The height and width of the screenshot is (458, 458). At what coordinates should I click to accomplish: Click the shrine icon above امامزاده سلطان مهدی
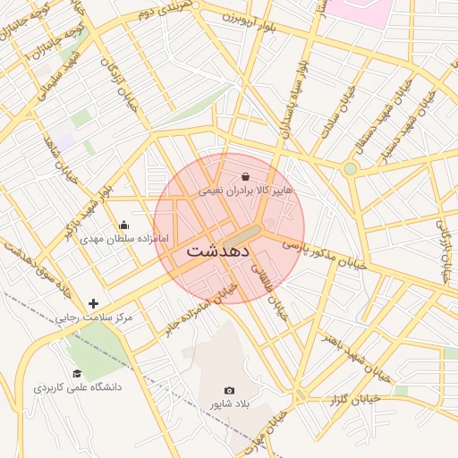[x=123, y=225]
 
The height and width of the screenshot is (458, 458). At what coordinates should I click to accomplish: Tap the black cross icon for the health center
[x=93, y=303]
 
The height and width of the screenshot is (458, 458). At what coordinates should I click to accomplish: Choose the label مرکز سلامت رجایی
[x=93, y=318]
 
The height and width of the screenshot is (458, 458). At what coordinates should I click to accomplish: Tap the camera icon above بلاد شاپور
[x=229, y=391]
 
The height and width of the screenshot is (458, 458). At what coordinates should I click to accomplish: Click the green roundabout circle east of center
[x=351, y=168]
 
